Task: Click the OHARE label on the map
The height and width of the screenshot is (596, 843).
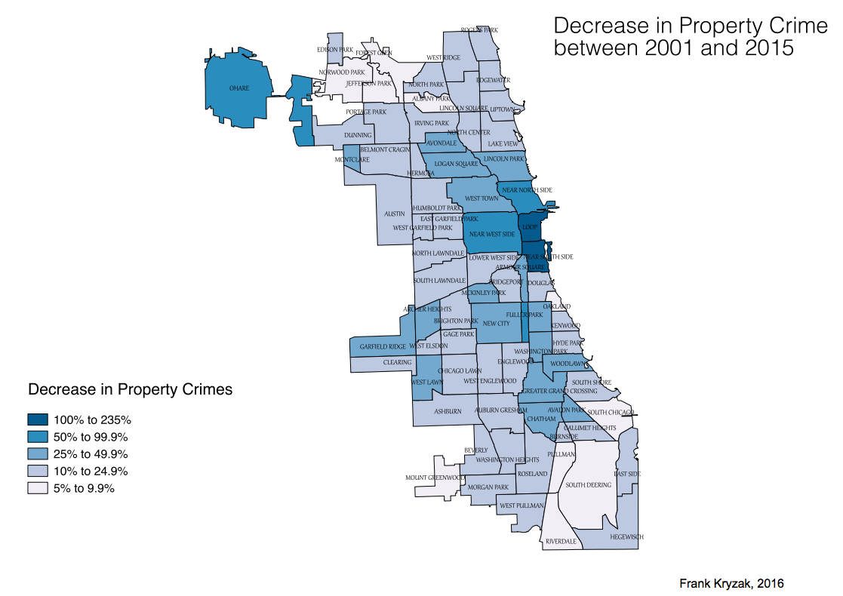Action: pyautogui.click(x=239, y=88)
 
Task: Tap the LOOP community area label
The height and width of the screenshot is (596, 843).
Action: pyautogui.click(x=529, y=226)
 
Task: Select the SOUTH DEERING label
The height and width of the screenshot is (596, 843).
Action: pyautogui.click(x=589, y=485)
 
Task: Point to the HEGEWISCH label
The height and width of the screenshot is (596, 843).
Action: pyautogui.click(x=626, y=536)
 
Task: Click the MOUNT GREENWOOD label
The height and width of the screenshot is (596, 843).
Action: pyautogui.click(x=435, y=478)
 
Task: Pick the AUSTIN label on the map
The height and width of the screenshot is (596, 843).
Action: pyautogui.click(x=395, y=214)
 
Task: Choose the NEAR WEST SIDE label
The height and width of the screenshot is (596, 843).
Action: pyautogui.click(x=492, y=234)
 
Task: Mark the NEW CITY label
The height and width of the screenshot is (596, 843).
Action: pyautogui.click(x=496, y=323)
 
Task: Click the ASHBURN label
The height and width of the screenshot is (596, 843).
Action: pyautogui.click(x=447, y=411)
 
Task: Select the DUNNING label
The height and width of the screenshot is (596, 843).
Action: pyautogui.click(x=358, y=135)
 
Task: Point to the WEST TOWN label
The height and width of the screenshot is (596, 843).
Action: pyautogui.click(x=481, y=198)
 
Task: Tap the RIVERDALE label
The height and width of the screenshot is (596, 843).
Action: pyautogui.click(x=561, y=541)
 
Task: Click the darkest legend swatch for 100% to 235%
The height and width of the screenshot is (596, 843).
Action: pyautogui.click(x=38, y=419)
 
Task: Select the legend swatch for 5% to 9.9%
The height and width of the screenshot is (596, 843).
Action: pyautogui.click(x=38, y=488)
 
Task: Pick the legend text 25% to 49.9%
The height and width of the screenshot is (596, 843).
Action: pyautogui.click(x=91, y=453)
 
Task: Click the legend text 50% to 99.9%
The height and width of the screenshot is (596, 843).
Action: pyautogui.click(x=91, y=436)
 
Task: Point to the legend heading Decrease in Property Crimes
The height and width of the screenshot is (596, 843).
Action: pyautogui.click(x=130, y=390)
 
